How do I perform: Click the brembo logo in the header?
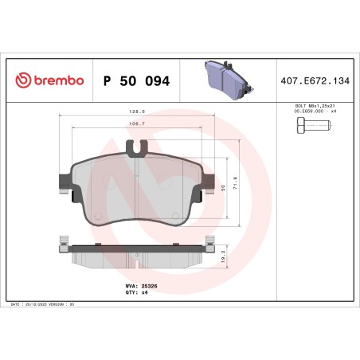pos(49,80)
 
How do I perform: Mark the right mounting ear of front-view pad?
pos(212,182)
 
